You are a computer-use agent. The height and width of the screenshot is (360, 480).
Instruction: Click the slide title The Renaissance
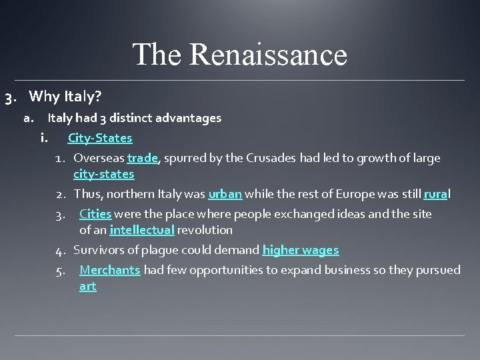tap(240, 55)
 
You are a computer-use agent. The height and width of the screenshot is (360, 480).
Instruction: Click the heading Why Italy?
tap(65, 97)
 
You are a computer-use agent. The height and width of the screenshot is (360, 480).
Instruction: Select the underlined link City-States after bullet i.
tap(100, 138)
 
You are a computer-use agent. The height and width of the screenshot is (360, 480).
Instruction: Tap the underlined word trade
tap(142, 158)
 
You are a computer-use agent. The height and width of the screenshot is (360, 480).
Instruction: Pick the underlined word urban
tap(225, 194)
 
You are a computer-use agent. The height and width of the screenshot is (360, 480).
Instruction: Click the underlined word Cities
tap(95, 214)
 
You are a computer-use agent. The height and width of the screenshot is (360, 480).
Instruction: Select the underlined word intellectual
tap(142, 230)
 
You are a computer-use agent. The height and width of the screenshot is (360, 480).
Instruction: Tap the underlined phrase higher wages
tap(301, 250)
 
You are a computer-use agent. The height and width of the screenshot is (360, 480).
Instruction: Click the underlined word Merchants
tap(109, 270)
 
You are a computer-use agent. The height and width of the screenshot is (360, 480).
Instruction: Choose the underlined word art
tap(87, 286)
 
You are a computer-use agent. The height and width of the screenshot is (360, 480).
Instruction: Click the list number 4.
tap(60, 251)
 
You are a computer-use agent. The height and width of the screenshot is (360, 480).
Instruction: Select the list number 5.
tap(60, 271)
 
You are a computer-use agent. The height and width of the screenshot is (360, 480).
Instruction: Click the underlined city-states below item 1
tap(103, 174)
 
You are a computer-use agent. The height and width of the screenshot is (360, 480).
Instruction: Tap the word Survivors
tap(97, 250)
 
